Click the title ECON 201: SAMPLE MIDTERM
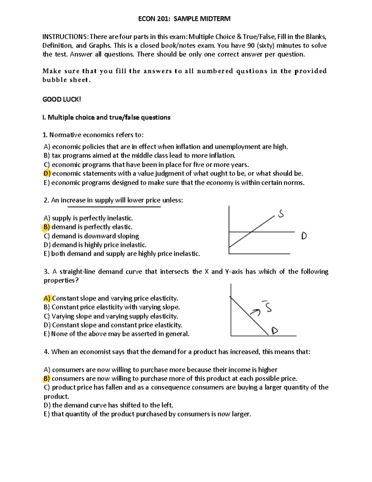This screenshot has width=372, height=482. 184,19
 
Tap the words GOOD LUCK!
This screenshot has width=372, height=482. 61,99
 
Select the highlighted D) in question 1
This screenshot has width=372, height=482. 47,173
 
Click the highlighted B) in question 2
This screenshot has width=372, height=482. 46,227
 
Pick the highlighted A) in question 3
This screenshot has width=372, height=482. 47,299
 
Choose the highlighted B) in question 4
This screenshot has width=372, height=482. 46,379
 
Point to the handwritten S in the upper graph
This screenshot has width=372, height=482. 281,214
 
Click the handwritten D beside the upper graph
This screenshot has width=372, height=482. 304,236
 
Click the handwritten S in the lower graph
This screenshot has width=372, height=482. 268,307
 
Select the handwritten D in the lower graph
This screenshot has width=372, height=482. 275,331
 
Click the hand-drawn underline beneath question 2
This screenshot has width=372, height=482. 114,207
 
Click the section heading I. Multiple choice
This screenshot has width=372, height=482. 106,117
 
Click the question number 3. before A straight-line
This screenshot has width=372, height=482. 46,272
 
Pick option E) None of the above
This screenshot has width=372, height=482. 116,334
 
